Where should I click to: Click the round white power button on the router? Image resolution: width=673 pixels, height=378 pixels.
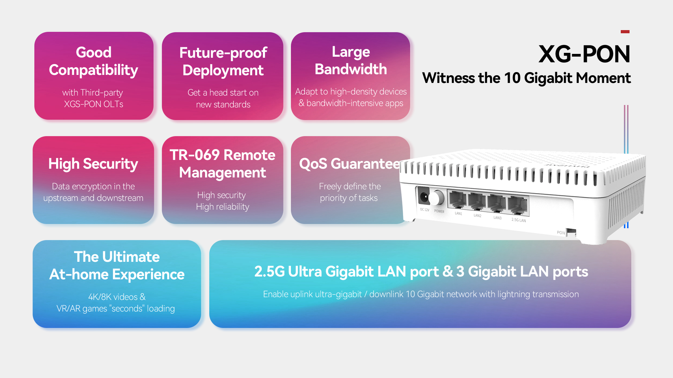coord(436,198)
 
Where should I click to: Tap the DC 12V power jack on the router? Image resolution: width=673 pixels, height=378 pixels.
coord(423,197)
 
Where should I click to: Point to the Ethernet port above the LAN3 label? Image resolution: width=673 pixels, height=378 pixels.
coord(497,203)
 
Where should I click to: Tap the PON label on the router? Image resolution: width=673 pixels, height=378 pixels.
coord(561,233)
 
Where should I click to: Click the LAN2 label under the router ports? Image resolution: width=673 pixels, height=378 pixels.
coord(477,216)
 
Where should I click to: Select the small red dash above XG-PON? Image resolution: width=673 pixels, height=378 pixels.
coord(625,31)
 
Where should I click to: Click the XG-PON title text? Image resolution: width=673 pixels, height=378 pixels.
coord(584,54)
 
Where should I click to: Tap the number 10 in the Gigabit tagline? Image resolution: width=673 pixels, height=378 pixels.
coord(512,78)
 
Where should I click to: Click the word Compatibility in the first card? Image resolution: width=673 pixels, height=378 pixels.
coord(93,70)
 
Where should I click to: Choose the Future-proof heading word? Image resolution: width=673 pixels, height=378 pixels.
coord(223,53)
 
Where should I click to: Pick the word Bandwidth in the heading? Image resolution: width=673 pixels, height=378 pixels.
coord(351,69)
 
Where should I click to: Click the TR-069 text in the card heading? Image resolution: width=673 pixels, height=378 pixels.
coord(195,155)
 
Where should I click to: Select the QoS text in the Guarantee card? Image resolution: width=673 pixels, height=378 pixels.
coord(313,164)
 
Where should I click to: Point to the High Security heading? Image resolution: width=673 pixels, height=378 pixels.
coord(93,164)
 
